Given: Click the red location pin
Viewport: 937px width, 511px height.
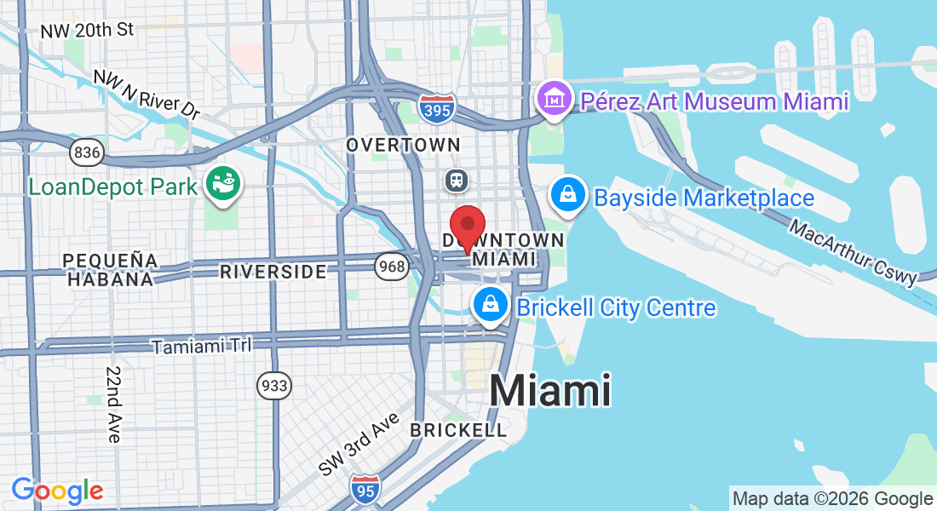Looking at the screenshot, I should pos(467,225).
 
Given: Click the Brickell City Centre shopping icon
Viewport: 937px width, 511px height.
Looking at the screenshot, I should pos(491,305).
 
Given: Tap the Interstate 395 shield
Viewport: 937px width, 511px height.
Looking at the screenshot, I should pos(437,107).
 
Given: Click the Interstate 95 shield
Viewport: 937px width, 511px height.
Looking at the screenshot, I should pos(365,489).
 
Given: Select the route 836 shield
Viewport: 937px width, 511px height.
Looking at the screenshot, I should pos(87,152).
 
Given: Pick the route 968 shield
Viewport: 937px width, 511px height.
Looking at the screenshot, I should pos(392,267).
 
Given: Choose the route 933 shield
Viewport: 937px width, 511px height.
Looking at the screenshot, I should pos(274,386).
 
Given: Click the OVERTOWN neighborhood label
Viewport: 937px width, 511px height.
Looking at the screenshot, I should pos(403,146).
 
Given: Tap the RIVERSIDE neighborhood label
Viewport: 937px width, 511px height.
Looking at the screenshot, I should pos(273,272).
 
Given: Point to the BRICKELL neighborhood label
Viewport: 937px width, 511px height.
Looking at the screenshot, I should pos(458,430).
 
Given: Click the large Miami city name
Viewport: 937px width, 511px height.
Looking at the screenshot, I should pos(550,391).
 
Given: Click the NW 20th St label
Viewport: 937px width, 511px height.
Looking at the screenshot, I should pos(87,30).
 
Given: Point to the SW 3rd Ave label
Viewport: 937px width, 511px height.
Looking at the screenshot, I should pos(359,444).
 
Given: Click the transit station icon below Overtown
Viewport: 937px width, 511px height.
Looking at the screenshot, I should pos(457,180).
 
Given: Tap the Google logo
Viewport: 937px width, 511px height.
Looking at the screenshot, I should pos(57,491).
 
